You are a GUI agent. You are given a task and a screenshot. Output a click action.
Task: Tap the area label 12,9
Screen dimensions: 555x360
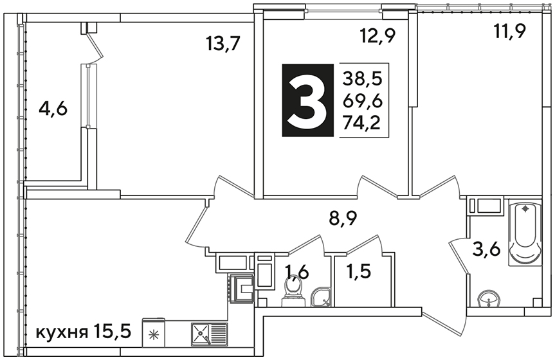point(378,36)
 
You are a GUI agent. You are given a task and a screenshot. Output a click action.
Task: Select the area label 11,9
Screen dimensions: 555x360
point(509,31)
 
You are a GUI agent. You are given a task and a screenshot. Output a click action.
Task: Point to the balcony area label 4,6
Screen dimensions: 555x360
point(53,109)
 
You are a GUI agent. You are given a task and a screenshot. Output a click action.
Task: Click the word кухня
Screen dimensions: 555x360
point(62,333)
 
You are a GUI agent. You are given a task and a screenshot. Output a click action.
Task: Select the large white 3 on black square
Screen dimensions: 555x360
point(307,100)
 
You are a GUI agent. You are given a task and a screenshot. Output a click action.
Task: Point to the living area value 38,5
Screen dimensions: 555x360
point(363,78)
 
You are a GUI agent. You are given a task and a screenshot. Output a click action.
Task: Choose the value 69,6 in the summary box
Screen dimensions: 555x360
point(363,101)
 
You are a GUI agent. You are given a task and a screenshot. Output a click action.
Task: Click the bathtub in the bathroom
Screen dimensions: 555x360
point(525,232)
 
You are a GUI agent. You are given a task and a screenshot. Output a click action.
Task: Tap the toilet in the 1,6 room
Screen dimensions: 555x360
point(293,291)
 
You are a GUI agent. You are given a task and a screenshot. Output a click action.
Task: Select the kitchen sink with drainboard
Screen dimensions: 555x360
point(210,334)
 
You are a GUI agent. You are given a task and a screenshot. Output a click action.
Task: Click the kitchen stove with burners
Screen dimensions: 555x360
point(241,289)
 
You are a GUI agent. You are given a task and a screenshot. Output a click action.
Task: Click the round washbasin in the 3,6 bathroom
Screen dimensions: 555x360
point(489,300)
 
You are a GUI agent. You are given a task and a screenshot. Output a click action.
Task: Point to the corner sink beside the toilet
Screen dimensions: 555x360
point(322,296)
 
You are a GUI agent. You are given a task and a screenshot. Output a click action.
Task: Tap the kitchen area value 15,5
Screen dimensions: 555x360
point(113,333)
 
